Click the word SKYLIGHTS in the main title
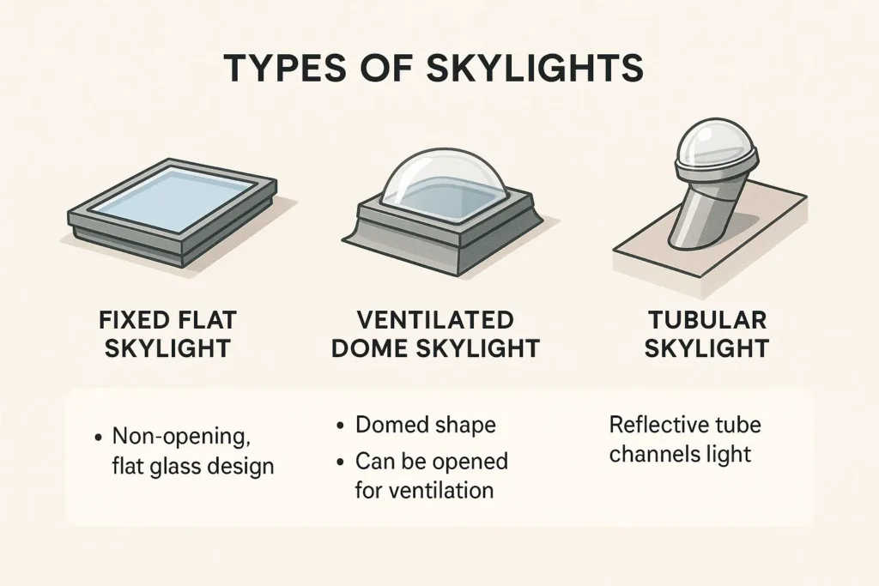[535, 69]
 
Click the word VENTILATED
[435, 320]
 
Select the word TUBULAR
[707, 320]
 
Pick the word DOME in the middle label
[369, 347]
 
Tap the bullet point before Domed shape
[340, 426]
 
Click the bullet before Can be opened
[340, 462]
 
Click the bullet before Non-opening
[99, 438]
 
